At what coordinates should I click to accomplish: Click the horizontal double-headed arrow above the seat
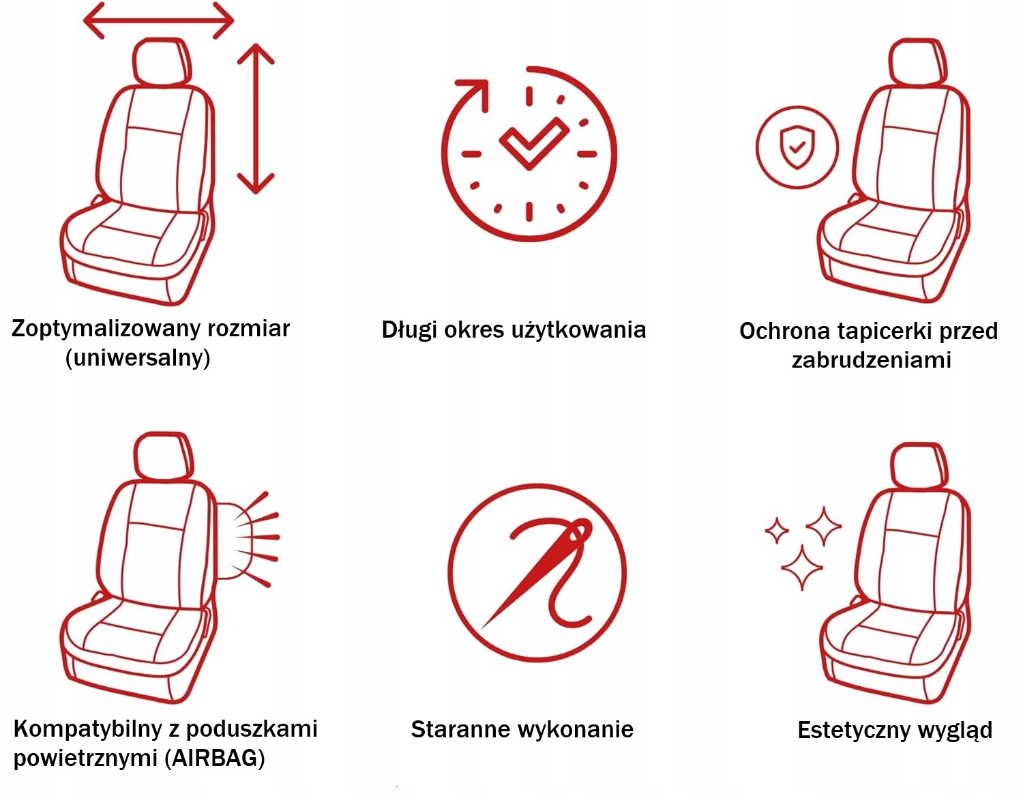[159, 20]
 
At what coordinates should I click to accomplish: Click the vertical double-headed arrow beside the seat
[256, 119]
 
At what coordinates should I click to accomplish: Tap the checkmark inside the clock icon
[534, 143]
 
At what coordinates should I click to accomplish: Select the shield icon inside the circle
[797, 147]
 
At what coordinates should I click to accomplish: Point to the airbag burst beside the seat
[248, 540]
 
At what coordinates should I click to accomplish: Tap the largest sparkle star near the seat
[802, 568]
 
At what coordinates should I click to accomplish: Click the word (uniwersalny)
[138, 358]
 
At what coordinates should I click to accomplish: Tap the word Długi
[409, 330]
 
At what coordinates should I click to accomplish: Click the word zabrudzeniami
[872, 359]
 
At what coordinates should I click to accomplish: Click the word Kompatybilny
[88, 729]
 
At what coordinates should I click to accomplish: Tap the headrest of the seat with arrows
[162, 61]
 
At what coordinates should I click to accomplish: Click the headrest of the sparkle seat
[919, 466]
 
